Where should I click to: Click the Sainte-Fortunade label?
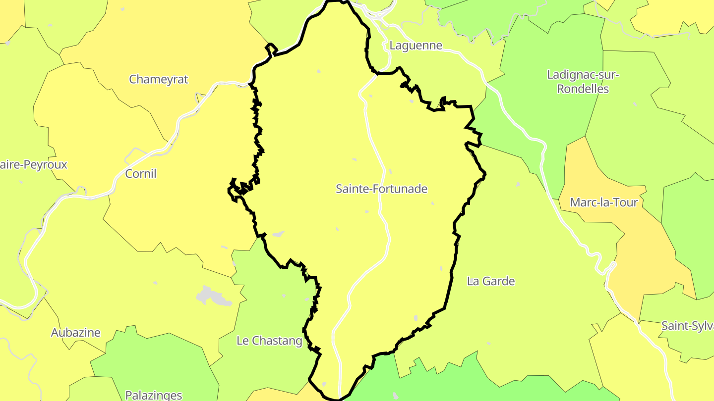pyautogui.click(x=381, y=189)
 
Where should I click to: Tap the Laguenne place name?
pyautogui.click(x=416, y=46)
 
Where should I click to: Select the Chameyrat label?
pyautogui.click(x=159, y=79)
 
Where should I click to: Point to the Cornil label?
pyautogui.click(x=141, y=174)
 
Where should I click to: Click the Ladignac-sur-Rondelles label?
pyautogui.click(x=583, y=82)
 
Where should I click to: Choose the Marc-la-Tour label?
pyautogui.click(x=603, y=202)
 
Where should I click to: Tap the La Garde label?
pyautogui.click(x=491, y=281)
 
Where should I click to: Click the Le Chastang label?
pyautogui.click(x=269, y=341)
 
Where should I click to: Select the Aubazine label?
pyautogui.click(x=76, y=333)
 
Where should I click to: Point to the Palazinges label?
pyautogui.click(x=154, y=395)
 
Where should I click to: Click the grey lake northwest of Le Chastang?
pyautogui.click(x=213, y=296)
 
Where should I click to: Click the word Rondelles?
pyautogui.click(x=583, y=90)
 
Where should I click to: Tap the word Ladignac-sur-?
pyautogui.click(x=583, y=75)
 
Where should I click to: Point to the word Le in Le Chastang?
pyautogui.click(x=242, y=341)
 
